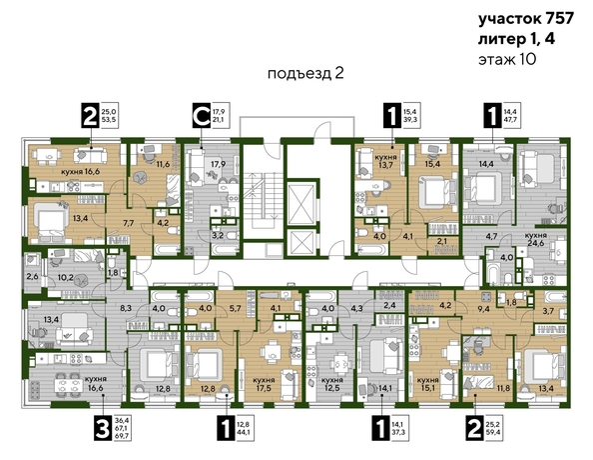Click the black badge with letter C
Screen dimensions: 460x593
tap(201, 117)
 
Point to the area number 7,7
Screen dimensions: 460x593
tap(128, 224)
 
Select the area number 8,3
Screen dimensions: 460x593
tap(125, 310)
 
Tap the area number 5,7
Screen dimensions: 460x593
tap(235, 309)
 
